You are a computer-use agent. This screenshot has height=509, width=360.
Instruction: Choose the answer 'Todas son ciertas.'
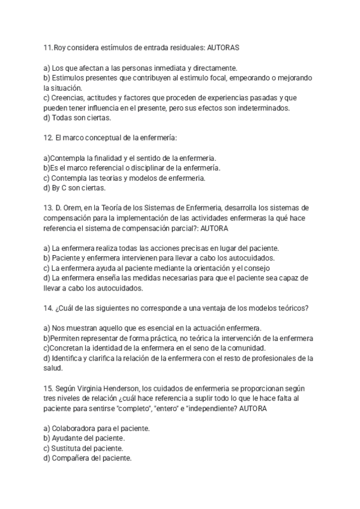point(77,118)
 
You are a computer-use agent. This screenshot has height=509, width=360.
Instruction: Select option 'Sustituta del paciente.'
point(83,448)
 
